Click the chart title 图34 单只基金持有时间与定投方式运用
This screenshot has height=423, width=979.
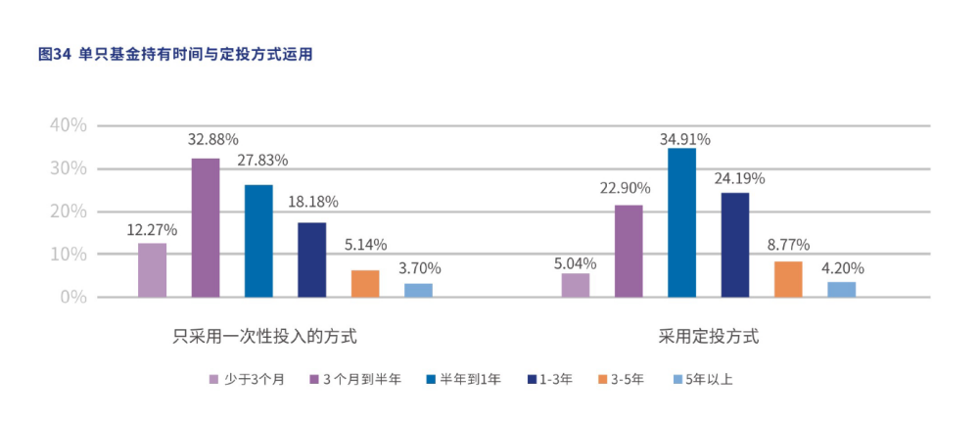click(x=174, y=55)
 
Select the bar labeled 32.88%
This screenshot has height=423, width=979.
click(x=206, y=227)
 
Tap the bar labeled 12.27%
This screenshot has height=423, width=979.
click(x=152, y=269)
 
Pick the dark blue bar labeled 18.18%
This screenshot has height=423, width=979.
click(x=312, y=259)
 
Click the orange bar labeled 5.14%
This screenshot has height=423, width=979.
click(x=365, y=283)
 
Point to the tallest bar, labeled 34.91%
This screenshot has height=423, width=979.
click(x=681, y=222)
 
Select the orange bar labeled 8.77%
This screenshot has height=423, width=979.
click(x=788, y=279)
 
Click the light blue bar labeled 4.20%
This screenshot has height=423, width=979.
click(x=841, y=289)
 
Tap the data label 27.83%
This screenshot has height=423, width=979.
click(x=261, y=161)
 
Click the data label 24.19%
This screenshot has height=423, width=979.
click(x=739, y=178)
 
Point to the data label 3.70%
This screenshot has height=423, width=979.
click(x=418, y=267)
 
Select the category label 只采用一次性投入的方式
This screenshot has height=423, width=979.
click(x=263, y=336)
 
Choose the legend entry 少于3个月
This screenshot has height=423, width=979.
click(x=246, y=379)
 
